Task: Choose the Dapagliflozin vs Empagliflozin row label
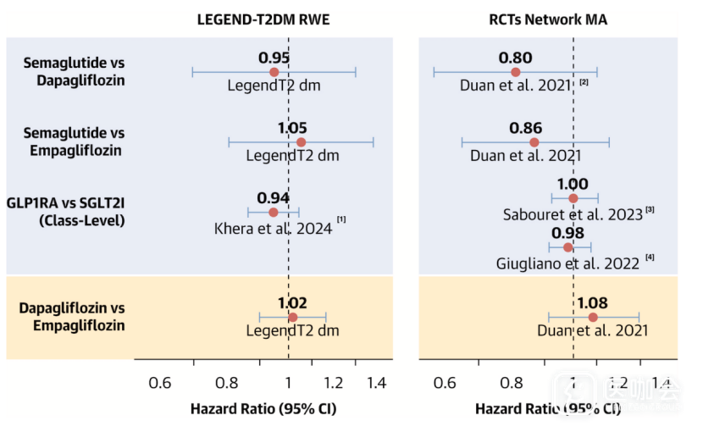[72, 316]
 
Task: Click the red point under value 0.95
[274, 72]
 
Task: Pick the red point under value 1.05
[301, 142]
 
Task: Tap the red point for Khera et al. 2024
[273, 212]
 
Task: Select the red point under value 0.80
[515, 72]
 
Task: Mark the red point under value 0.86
[534, 142]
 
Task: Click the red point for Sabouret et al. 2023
[573, 198]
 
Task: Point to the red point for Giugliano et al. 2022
[567, 247]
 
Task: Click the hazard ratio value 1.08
[594, 302]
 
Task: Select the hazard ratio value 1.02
[292, 302]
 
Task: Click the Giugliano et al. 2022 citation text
[567, 263]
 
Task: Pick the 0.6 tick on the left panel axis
[159, 382]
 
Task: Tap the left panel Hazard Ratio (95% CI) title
[263, 408]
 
